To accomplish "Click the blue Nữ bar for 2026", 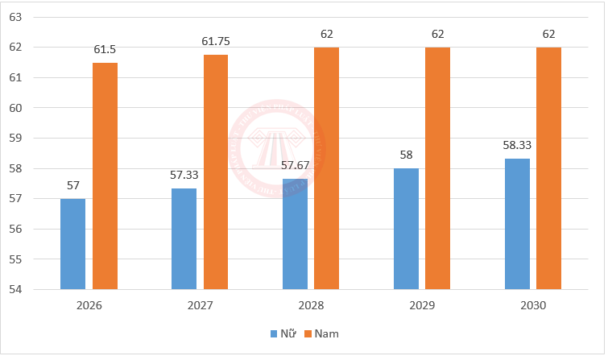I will (72, 243).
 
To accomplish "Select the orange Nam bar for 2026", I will (105, 176).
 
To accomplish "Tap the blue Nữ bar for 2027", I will (184, 238).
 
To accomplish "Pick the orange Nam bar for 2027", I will (216, 172).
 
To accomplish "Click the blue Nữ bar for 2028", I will (295, 234).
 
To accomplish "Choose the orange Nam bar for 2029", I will (438, 168).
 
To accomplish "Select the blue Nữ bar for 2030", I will (517, 223).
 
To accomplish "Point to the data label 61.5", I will (105, 50).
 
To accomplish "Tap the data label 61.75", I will (216, 42).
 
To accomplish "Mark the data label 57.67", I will (295, 165).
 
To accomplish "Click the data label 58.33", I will (517, 145).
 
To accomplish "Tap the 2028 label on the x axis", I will (311, 306).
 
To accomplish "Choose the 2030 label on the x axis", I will (533, 306).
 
